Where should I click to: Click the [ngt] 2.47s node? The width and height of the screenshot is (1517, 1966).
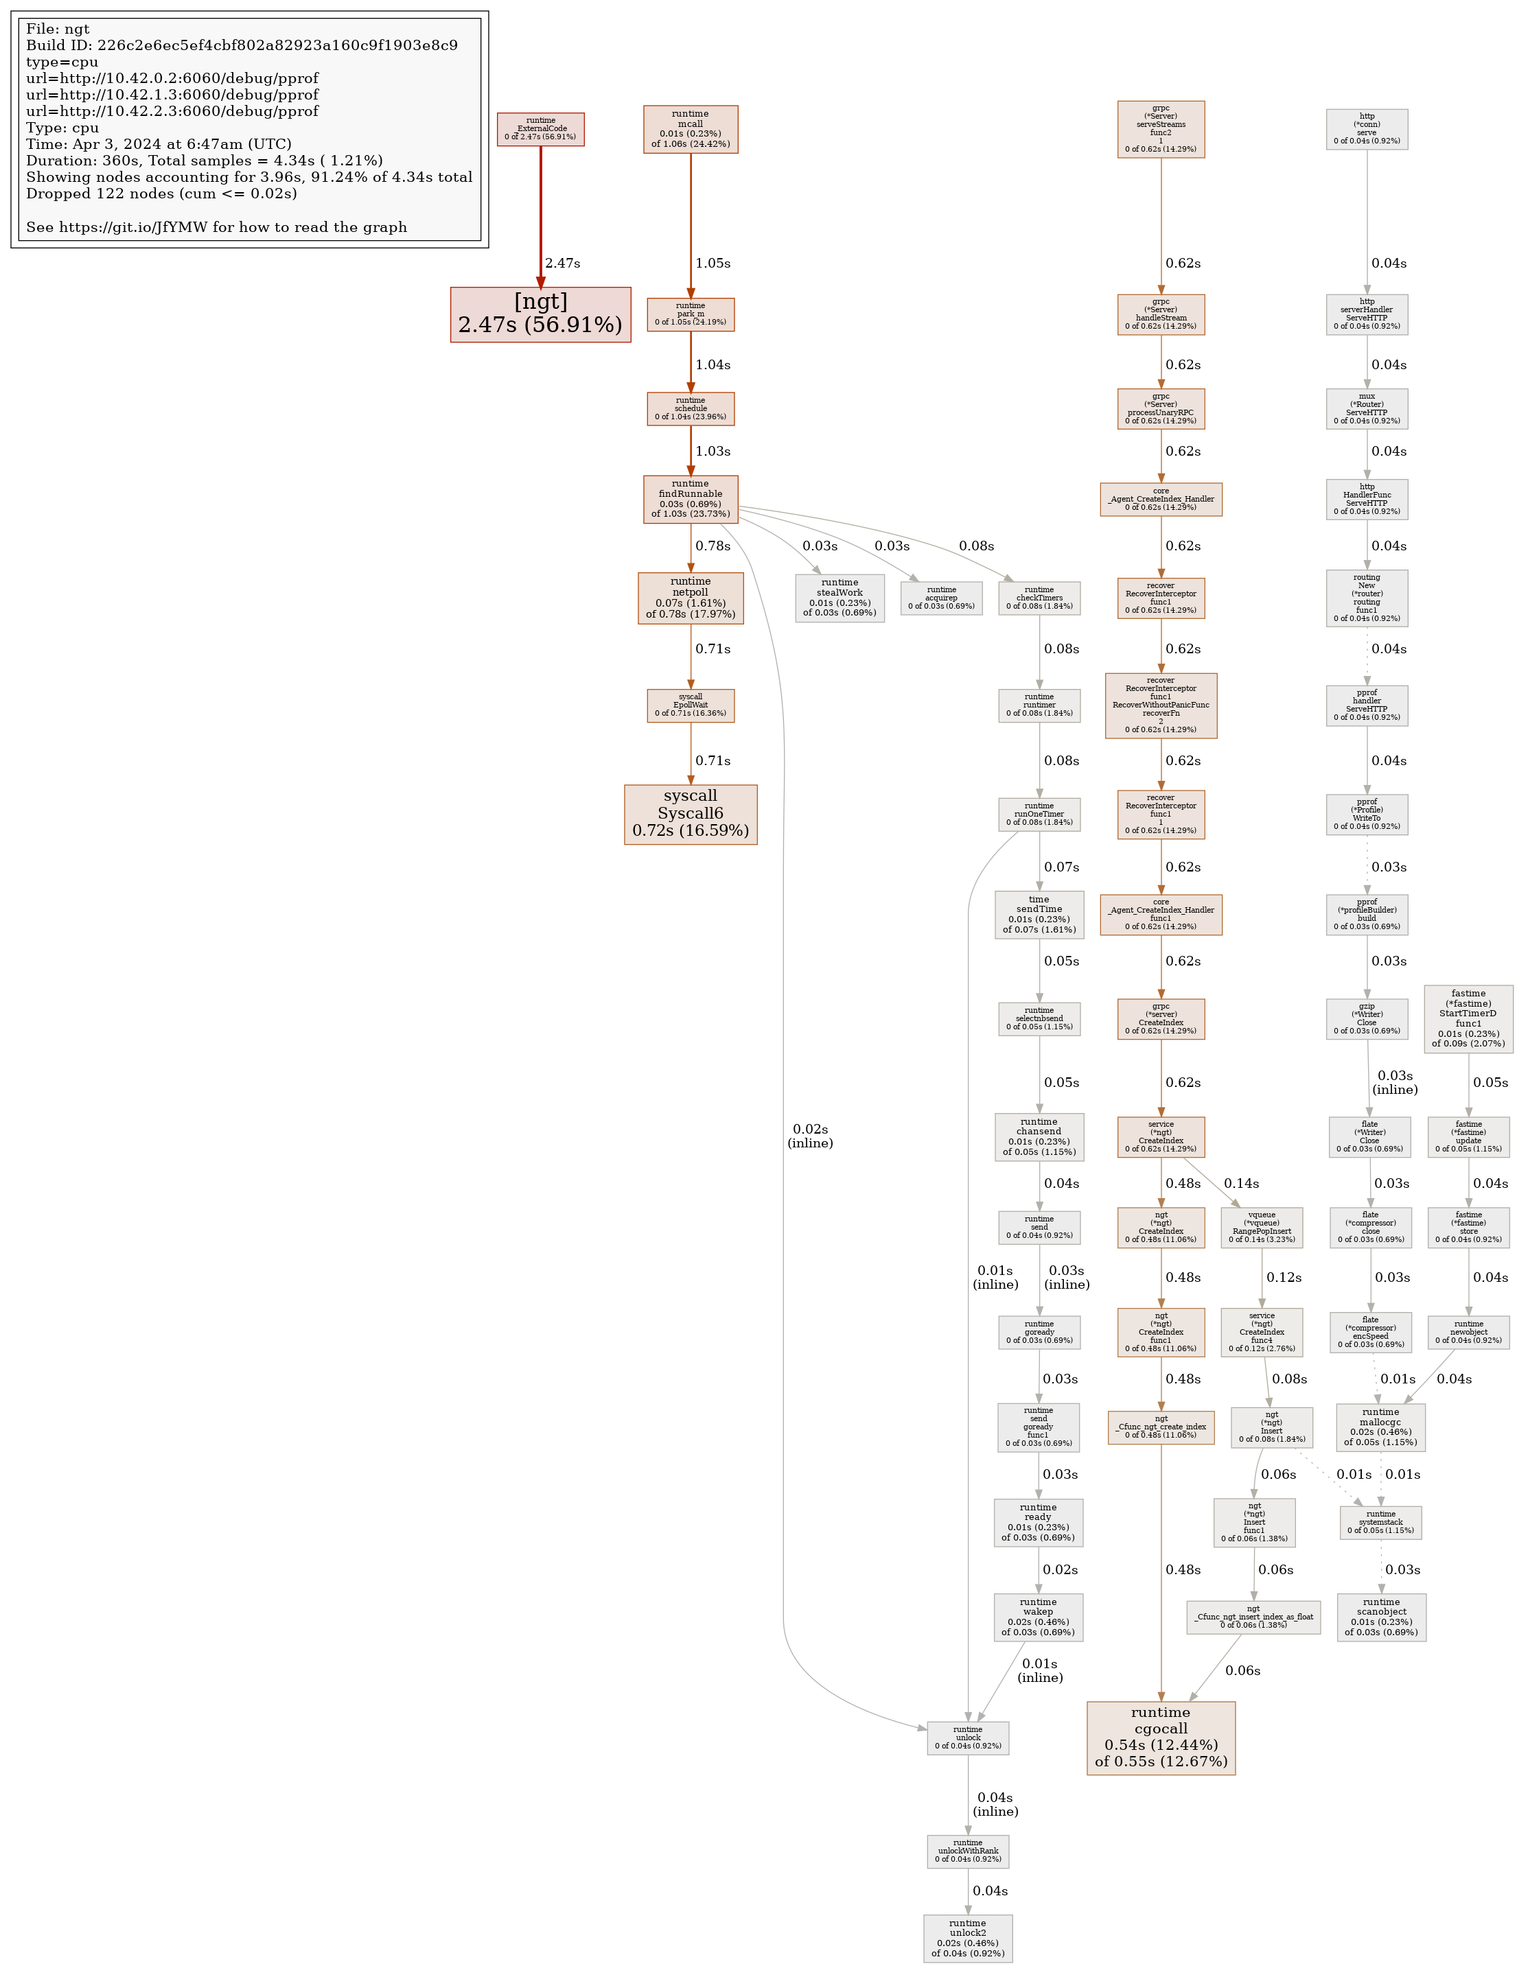click(540, 314)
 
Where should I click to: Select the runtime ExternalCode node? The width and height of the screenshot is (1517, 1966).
click(540, 129)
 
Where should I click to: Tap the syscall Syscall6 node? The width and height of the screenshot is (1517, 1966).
click(691, 814)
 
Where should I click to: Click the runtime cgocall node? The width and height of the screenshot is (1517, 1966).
click(1161, 1737)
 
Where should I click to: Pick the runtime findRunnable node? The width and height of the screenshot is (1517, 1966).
click(691, 499)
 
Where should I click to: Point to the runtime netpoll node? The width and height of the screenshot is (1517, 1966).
click(691, 598)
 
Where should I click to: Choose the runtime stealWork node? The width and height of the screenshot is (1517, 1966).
click(839, 598)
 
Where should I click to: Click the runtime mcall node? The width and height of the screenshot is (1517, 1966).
click(691, 129)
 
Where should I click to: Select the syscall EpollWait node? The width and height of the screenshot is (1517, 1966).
click(691, 705)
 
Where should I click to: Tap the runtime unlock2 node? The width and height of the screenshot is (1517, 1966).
click(967, 1938)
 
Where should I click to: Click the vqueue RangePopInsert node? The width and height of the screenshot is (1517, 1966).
click(1262, 1227)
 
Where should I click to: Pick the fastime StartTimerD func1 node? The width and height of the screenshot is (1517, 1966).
click(1468, 1019)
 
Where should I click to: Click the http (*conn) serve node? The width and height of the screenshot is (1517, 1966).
click(1367, 129)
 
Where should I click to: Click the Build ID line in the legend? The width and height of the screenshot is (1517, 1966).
click(242, 45)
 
